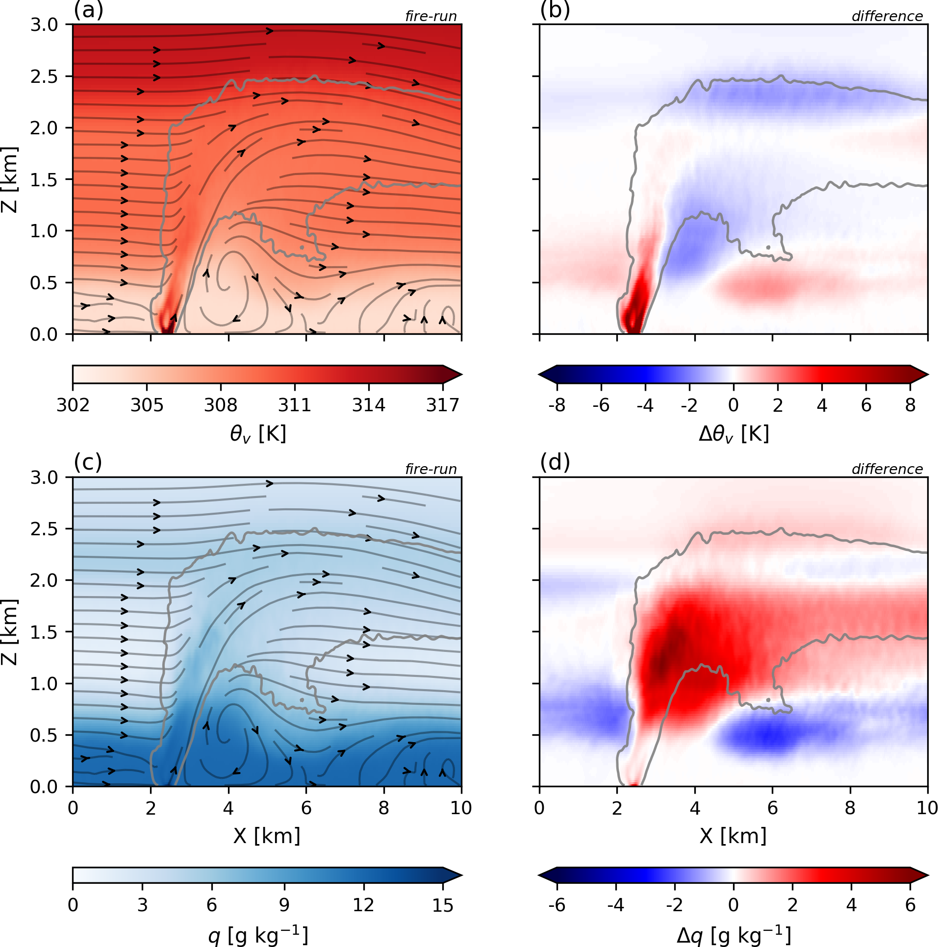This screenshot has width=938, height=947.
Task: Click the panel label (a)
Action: click(88, 10)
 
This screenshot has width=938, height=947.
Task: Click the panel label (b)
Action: click(555, 10)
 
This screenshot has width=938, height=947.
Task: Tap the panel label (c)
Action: click(88, 462)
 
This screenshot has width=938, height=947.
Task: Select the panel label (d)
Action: click(555, 462)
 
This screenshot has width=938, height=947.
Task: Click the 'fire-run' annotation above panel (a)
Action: click(431, 16)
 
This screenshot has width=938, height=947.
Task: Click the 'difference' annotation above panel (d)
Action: click(887, 469)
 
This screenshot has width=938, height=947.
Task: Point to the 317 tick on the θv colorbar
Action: click(443, 405)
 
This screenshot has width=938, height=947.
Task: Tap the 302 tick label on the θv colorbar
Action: click(73, 405)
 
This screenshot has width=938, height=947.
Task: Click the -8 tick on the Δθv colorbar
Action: click(557, 405)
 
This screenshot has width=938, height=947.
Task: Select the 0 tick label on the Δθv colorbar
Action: click(734, 405)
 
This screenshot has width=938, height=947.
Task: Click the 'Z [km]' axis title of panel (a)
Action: click(10, 179)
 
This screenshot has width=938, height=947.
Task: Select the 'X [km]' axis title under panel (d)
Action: click(734, 836)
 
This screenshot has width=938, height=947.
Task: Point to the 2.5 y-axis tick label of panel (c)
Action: click(44, 529)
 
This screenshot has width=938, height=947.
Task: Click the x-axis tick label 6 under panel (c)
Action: click(306, 808)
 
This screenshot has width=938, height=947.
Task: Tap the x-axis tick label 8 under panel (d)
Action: click(850, 808)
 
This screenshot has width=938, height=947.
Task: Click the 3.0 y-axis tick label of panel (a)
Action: click(44, 25)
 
